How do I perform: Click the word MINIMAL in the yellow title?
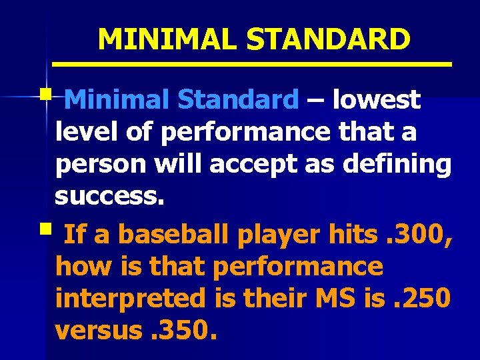coord(167,40)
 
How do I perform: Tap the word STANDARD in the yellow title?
coord(328,40)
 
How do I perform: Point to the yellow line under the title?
coord(252,64)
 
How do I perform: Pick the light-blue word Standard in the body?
coord(237,100)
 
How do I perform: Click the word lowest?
coord(377,100)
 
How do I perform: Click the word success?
coord(107,197)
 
